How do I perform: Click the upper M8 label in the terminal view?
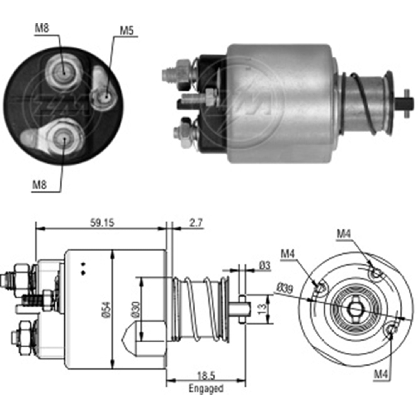pyautogui.click(x=42, y=28)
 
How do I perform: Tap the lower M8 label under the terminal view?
pyautogui.click(x=40, y=185)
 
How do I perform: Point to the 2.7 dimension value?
pyautogui.click(x=196, y=223)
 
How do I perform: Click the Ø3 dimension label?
pyautogui.click(x=265, y=265)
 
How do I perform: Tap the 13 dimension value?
pyautogui.click(x=262, y=309)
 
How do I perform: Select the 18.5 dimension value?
pyautogui.click(x=206, y=376)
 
